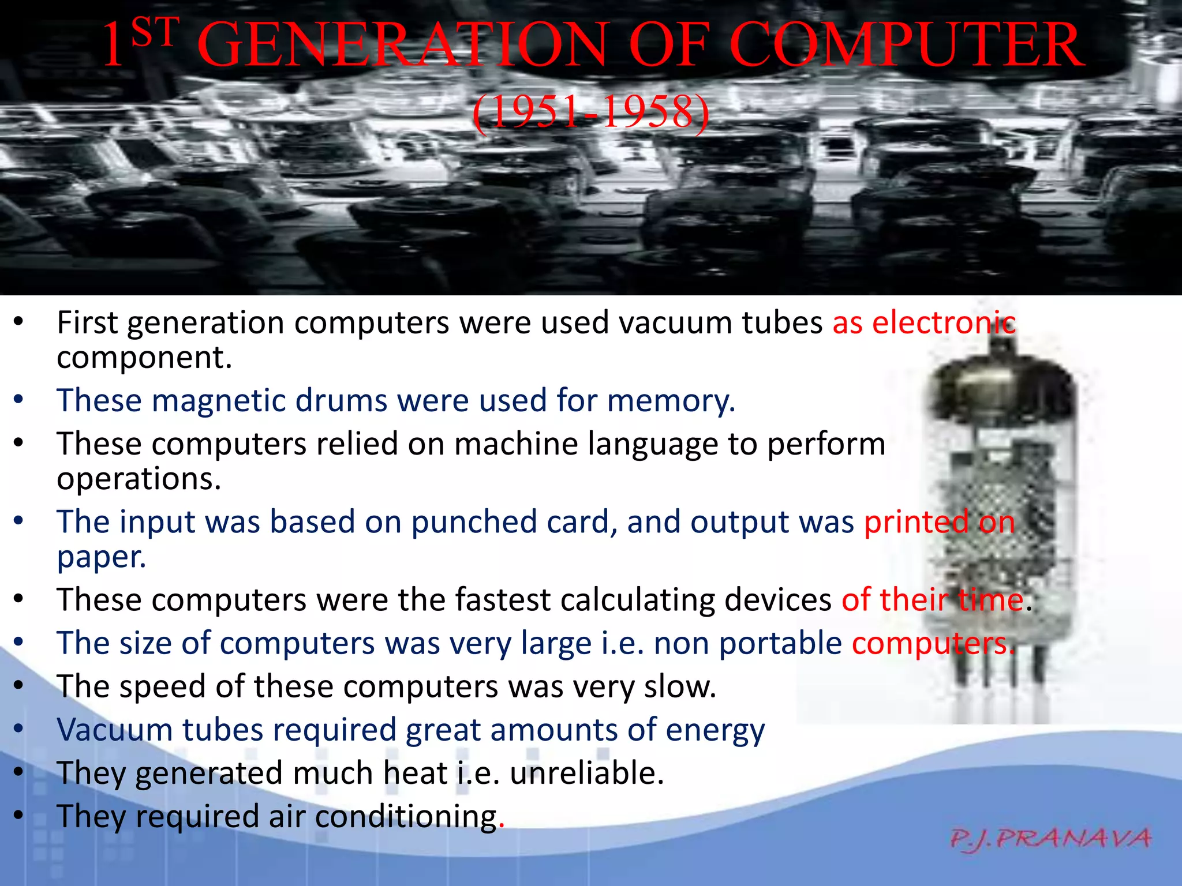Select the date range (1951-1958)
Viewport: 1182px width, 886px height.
(x=590, y=111)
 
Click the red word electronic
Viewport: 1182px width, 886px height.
(x=943, y=323)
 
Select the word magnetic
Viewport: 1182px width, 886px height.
(x=218, y=401)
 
